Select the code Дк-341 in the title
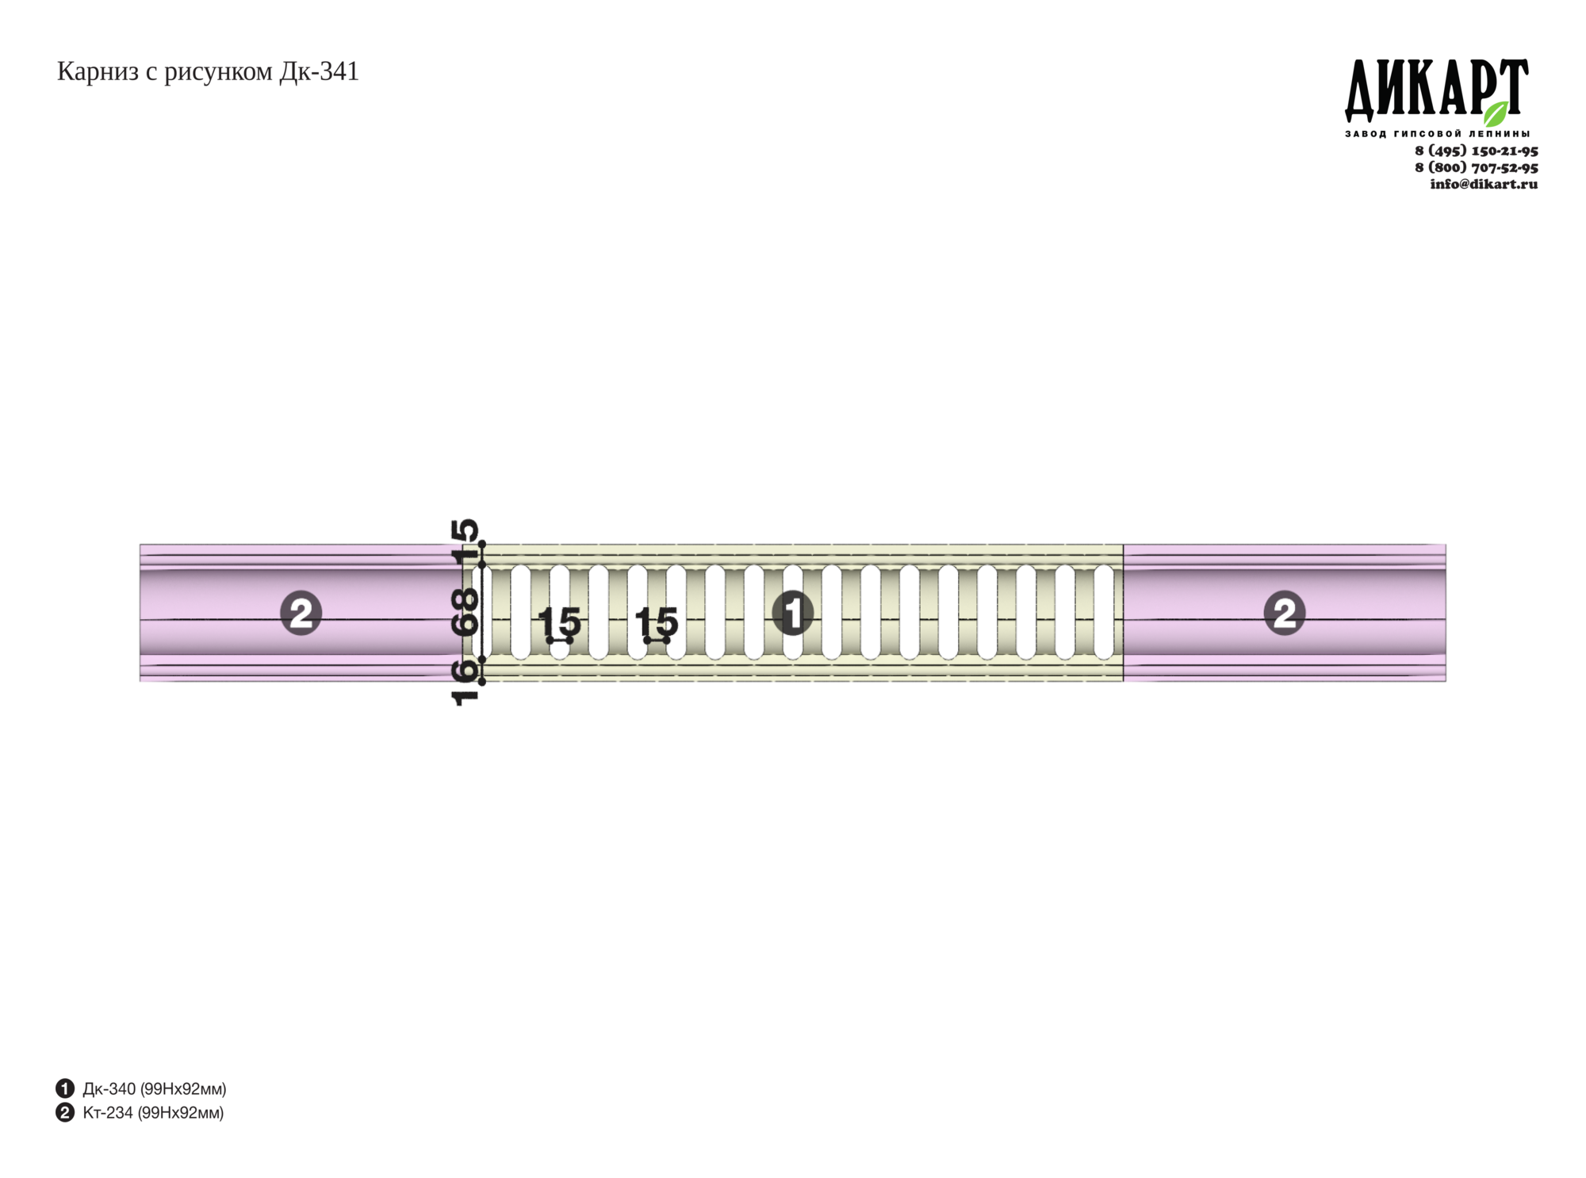[319, 72]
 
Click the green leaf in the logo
[1496, 113]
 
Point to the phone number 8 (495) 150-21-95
[1477, 151]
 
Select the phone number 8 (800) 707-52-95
[1477, 167]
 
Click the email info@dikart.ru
[1484, 184]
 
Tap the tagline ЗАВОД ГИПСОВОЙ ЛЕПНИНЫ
[1438, 134]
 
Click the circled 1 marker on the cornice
[793, 613]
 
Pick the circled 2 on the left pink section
[301, 613]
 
